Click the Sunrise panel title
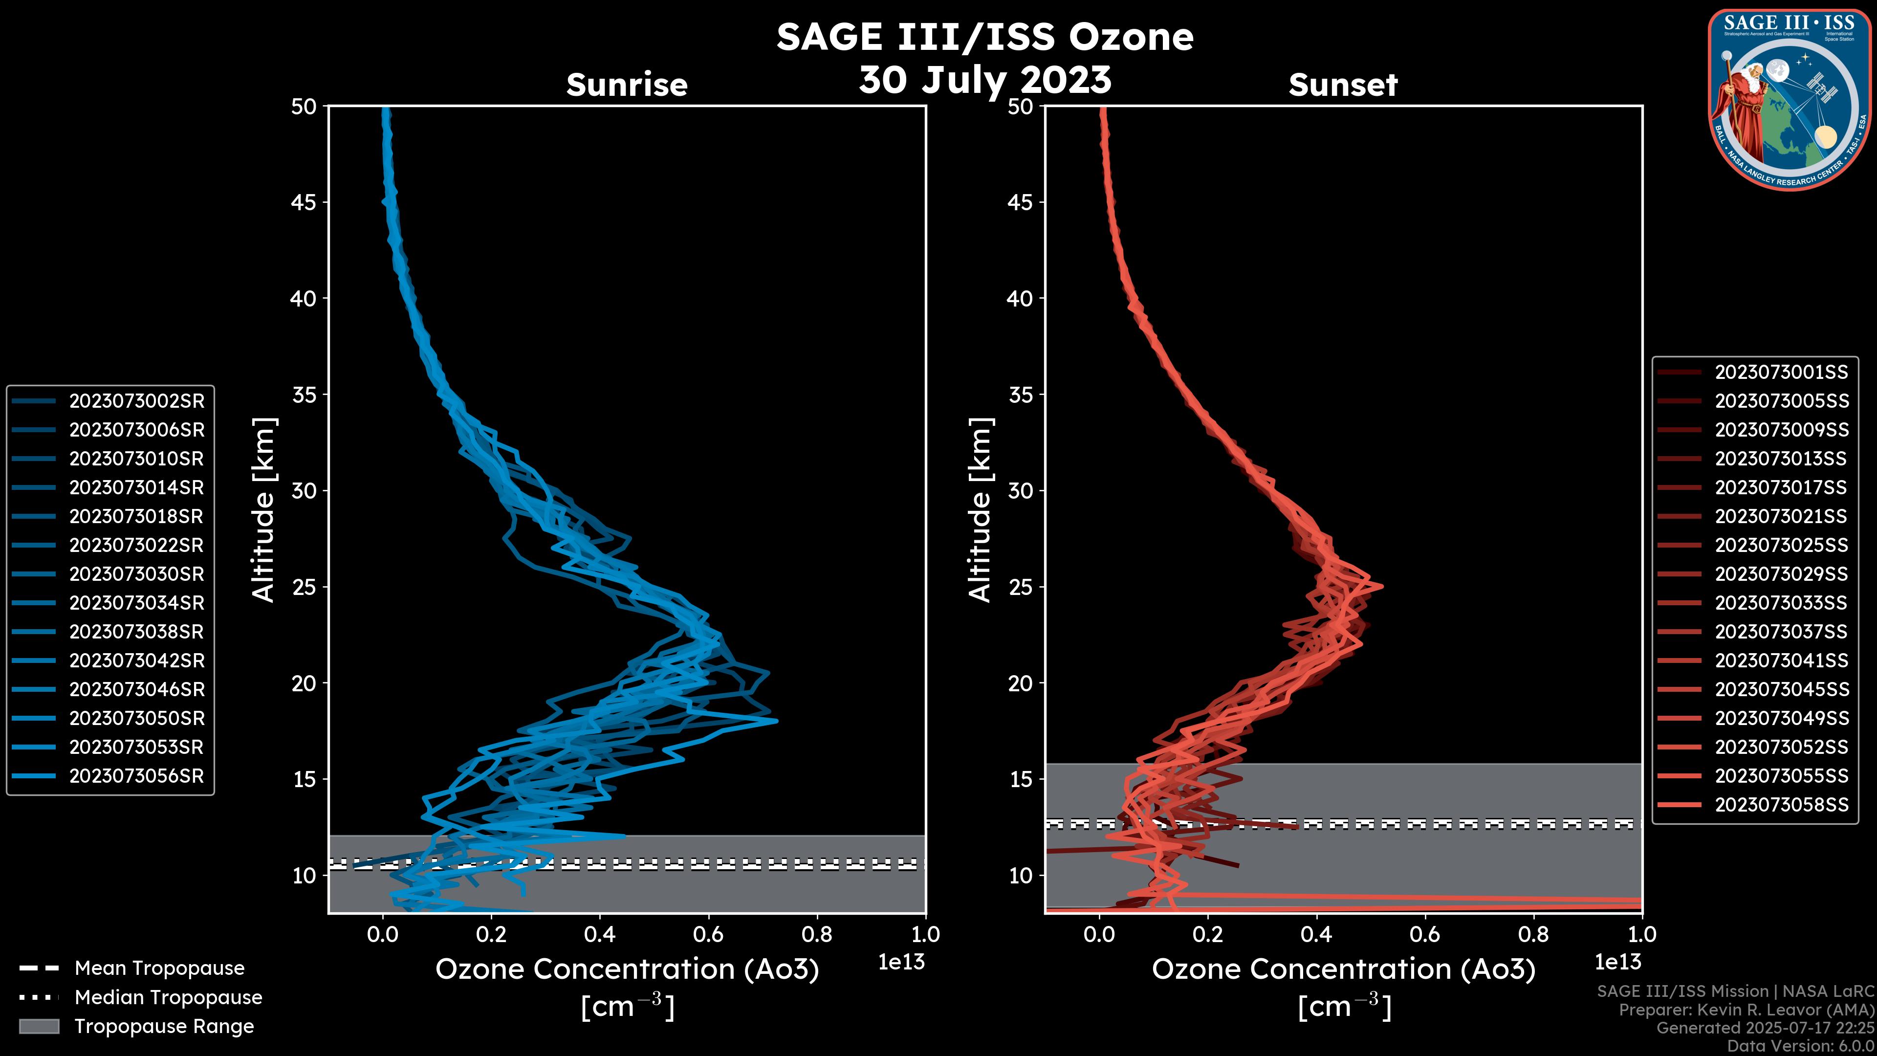627,85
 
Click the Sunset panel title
1343,85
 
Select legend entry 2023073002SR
136,401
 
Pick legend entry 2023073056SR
136,775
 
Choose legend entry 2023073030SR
136,573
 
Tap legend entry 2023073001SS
1781,372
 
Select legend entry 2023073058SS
1781,805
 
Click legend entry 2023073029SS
1781,573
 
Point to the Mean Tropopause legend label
159,968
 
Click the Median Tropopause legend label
168,997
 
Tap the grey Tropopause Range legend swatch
39,1026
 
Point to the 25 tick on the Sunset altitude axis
1020,587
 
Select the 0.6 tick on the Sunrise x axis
708,934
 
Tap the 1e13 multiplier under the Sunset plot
1617,962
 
